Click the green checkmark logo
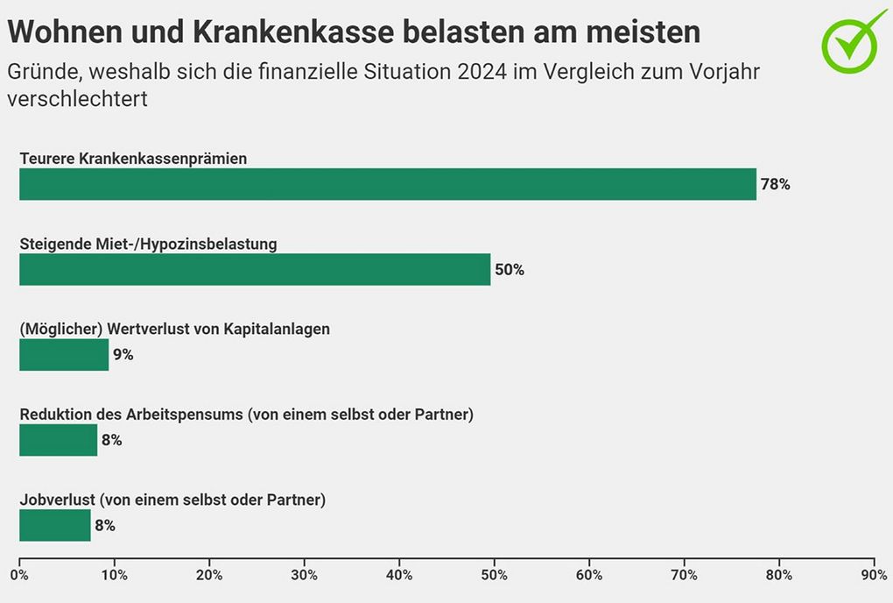pos(853,39)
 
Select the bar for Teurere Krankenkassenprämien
pos(387,184)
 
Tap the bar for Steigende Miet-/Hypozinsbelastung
pos(255,269)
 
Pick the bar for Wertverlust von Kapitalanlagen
pos(64,355)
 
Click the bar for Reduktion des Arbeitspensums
pos(58,440)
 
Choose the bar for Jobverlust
pos(54,526)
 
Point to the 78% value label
pos(775,185)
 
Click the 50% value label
pos(510,270)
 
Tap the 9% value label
pos(123,355)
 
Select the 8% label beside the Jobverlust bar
pos(105,526)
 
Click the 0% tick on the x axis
pos(19,576)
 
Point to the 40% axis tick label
pos(399,576)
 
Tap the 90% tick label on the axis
pos(874,576)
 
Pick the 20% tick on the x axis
pos(209,576)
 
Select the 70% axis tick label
pos(684,576)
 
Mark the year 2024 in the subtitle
pos(482,72)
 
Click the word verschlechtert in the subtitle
pos(77,99)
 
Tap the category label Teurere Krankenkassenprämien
pos(133,159)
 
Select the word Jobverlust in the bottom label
pos(58,500)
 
